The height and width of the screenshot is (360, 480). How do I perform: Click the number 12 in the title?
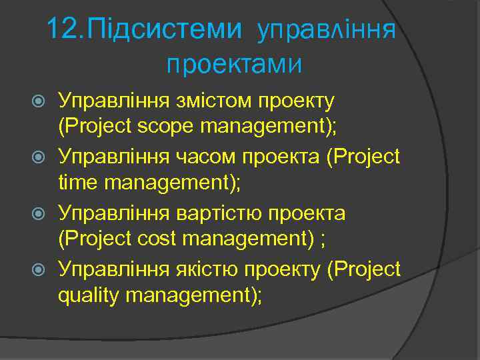point(64,29)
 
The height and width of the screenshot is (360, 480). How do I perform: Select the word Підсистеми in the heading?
point(166,29)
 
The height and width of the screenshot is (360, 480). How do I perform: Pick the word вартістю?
point(217,213)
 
